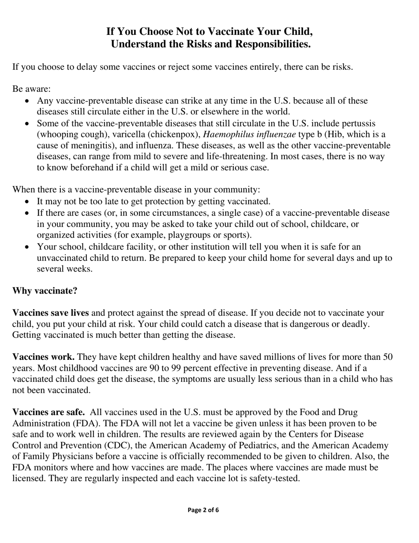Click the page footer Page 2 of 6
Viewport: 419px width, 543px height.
click(203, 510)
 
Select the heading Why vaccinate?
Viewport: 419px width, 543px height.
click(45, 291)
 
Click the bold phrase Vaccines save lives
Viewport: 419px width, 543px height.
click(50, 313)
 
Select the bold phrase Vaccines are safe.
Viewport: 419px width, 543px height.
click(49, 412)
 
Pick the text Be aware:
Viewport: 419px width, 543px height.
click(31, 89)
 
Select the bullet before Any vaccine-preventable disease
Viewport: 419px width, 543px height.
click(28, 101)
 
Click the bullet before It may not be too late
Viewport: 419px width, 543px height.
click(28, 202)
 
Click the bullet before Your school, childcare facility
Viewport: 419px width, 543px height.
click(28, 247)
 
